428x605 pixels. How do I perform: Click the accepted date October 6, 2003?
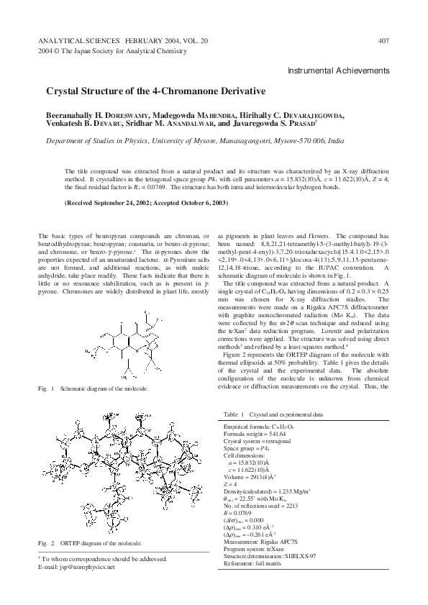click(x=203, y=203)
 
